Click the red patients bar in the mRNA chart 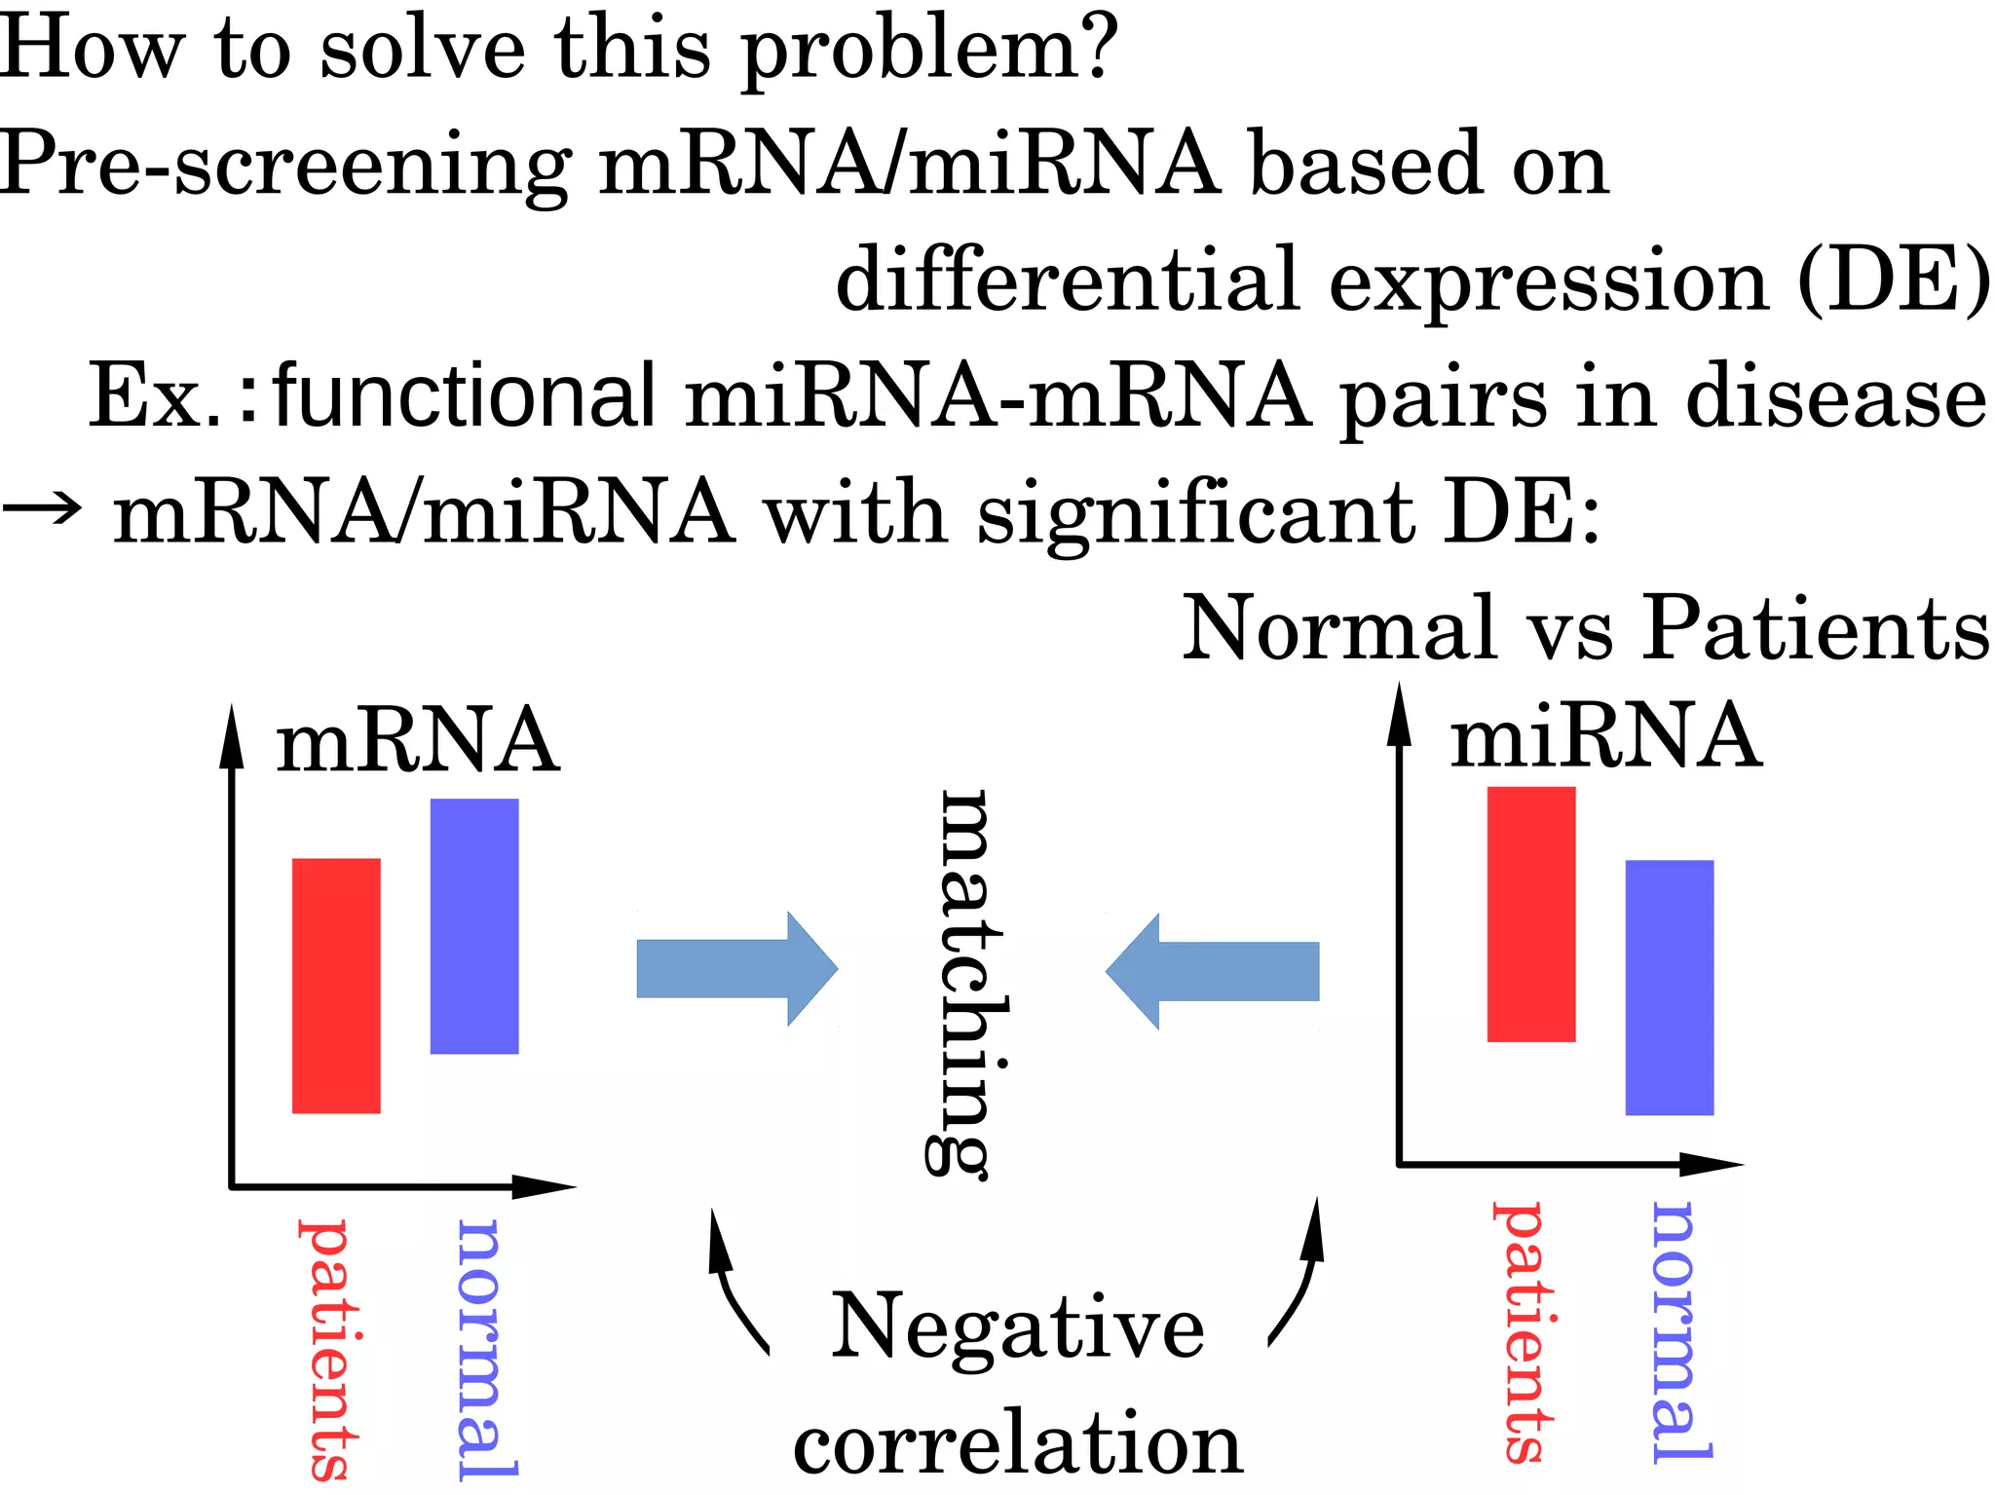tap(336, 985)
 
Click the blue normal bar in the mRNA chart tap(474, 925)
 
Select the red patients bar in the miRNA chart tap(1530, 914)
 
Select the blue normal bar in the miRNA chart tap(1669, 987)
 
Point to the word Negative tap(1017, 1327)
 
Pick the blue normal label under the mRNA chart tap(483, 1349)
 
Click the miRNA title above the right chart tap(1605, 736)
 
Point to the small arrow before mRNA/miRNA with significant tap(41, 507)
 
